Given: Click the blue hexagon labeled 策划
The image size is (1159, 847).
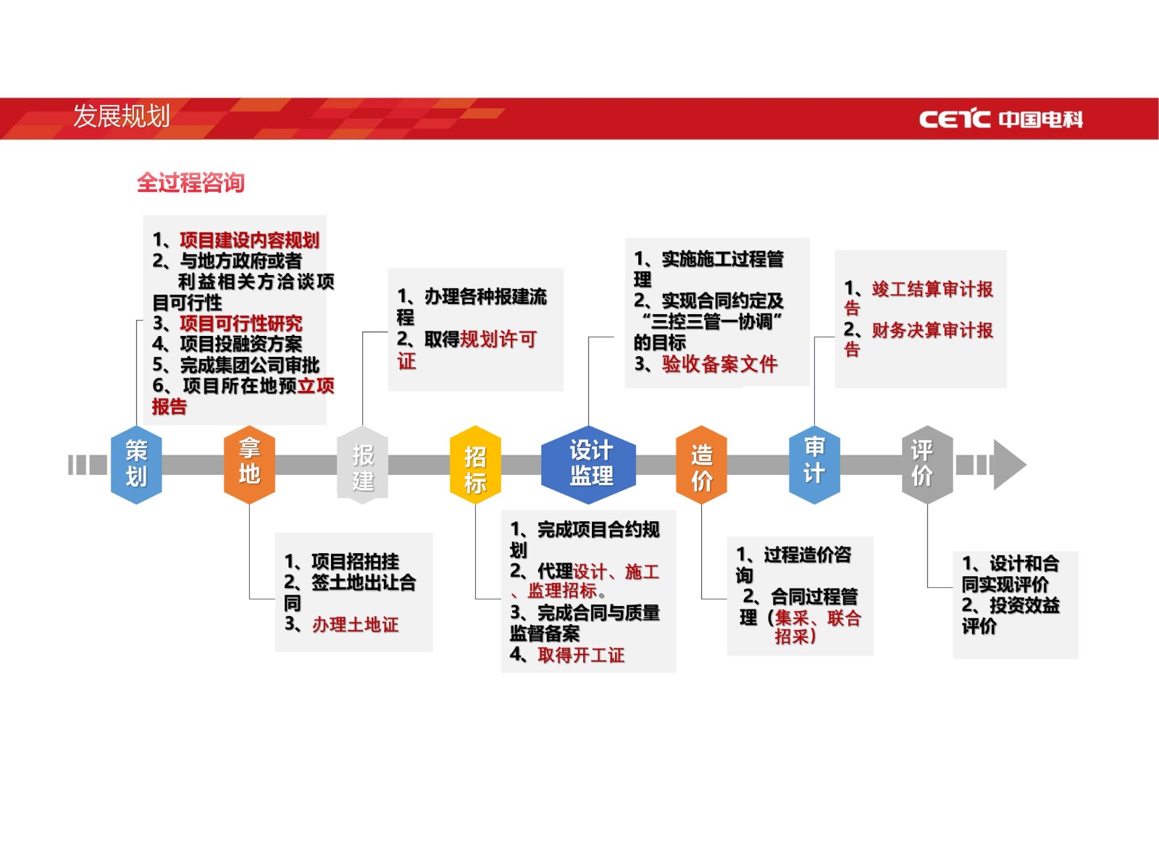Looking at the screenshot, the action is click(x=136, y=464).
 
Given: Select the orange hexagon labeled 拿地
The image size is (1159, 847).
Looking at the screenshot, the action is click(x=249, y=464).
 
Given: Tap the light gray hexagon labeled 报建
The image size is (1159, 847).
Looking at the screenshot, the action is click(x=362, y=464).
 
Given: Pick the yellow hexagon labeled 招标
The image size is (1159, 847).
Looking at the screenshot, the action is click(x=475, y=464).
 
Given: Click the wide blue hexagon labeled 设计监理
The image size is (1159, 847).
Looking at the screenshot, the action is click(x=588, y=464).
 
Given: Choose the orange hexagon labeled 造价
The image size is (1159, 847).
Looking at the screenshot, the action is click(x=701, y=464).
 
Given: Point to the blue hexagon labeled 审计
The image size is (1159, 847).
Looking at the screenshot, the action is click(x=814, y=464).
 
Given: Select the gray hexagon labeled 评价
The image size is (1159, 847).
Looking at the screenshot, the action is click(x=927, y=464).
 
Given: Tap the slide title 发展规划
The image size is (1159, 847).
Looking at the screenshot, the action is click(x=122, y=116).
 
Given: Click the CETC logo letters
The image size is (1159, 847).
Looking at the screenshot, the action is click(x=955, y=119).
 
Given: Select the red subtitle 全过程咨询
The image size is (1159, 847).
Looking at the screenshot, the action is click(x=191, y=182).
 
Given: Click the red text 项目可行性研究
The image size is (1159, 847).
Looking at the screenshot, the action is click(x=241, y=323).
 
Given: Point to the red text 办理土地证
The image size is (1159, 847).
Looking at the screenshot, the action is click(x=356, y=624).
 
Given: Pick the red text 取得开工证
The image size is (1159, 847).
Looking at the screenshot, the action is click(x=581, y=655).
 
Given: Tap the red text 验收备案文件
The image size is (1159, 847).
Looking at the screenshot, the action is click(x=720, y=364).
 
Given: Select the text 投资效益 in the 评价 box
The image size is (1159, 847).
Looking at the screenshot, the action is click(x=1024, y=605).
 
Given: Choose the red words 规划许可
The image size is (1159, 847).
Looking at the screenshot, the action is click(x=498, y=340).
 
